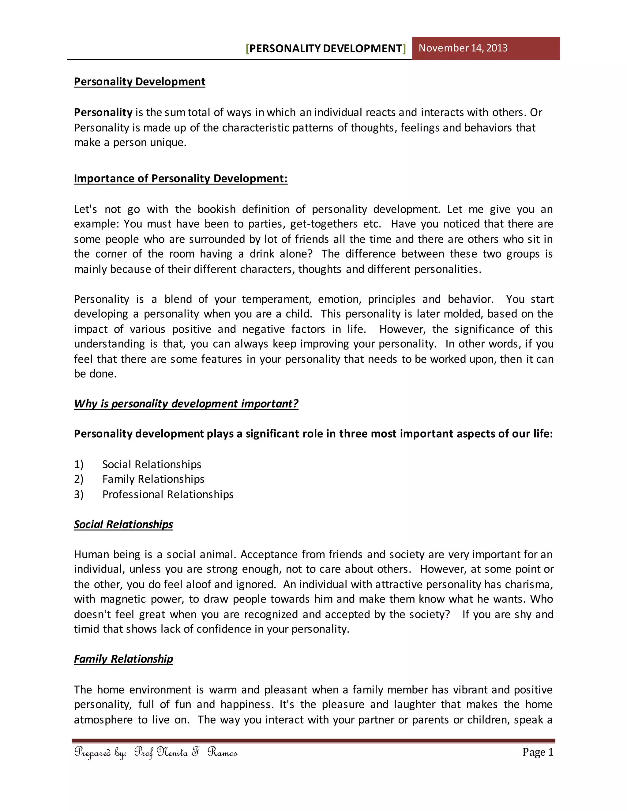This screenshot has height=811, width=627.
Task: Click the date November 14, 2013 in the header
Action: tap(463, 48)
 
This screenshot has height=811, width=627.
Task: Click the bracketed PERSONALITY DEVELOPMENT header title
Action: tap(326, 49)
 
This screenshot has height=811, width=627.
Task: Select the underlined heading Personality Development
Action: tap(139, 82)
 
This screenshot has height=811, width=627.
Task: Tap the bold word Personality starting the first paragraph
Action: tap(103, 112)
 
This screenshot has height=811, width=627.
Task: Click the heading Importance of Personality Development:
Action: tap(181, 179)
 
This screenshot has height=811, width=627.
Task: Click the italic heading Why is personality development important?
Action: tap(186, 404)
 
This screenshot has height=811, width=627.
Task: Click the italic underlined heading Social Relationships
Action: tap(123, 524)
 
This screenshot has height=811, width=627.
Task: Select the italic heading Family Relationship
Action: tap(123, 659)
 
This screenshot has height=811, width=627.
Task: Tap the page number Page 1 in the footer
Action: tap(538, 752)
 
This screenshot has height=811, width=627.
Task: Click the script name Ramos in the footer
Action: tap(223, 752)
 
